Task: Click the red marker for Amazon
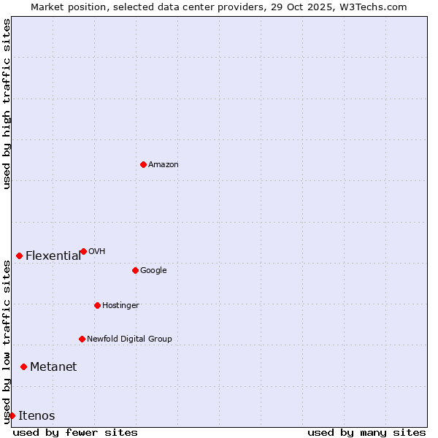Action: click(x=143, y=164)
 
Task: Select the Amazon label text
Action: click(x=164, y=165)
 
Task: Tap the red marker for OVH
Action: click(x=83, y=251)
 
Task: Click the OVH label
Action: click(x=97, y=252)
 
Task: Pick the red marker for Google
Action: click(x=135, y=270)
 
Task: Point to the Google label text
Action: click(x=153, y=271)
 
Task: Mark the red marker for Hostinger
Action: click(x=97, y=305)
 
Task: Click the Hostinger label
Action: click(x=120, y=306)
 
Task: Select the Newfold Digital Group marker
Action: click(x=82, y=339)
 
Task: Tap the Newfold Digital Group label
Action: click(x=129, y=339)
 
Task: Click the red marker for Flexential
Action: click(x=19, y=255)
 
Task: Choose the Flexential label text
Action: click(x=53, y=256)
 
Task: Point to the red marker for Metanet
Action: click(x=23, y=366)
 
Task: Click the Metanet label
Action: click(x=53, y=367)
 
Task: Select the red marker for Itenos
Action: click(x=12, y=415)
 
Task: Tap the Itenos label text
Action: click(x=36, y=416)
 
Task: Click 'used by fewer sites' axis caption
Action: click(x=75, y=432)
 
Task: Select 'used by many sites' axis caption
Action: click(x=366, y=432)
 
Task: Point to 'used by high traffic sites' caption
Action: click(x=7, y=104)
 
